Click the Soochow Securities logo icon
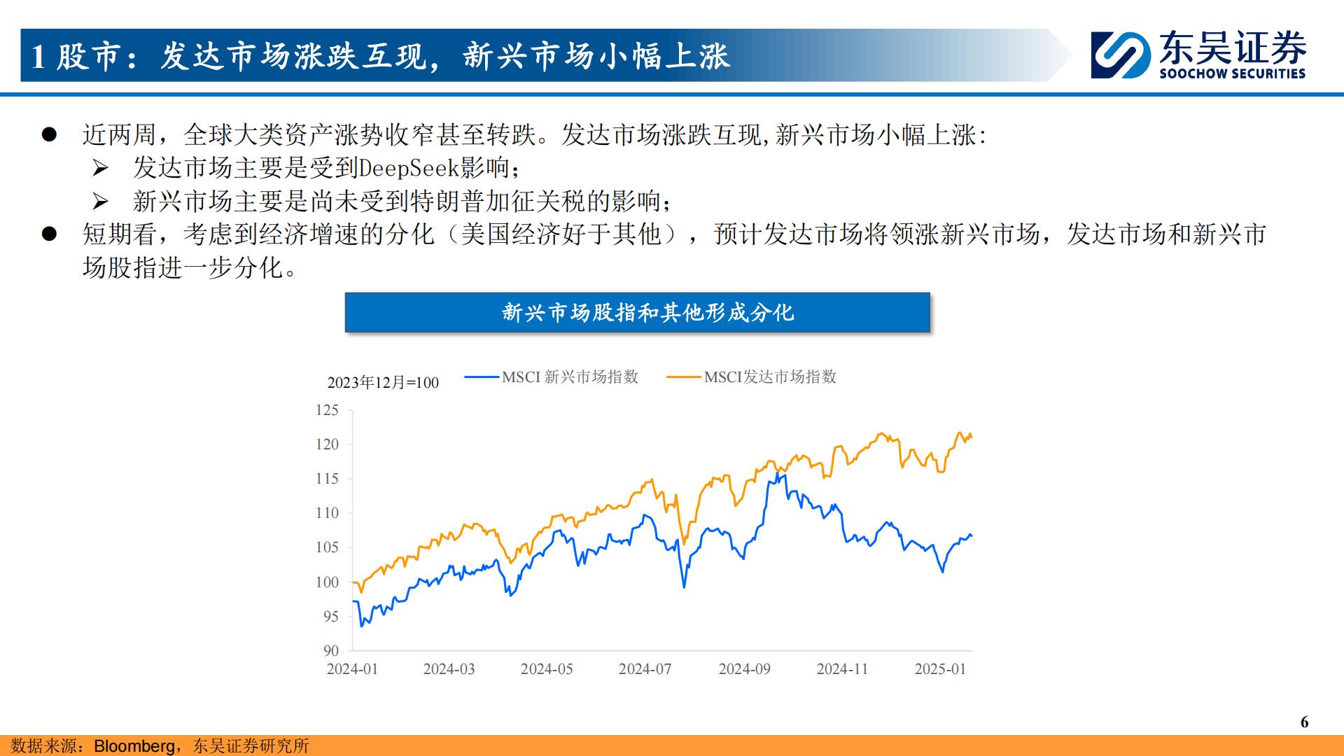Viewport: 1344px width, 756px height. click(1121, 55)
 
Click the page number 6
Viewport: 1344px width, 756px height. click(1304, 722)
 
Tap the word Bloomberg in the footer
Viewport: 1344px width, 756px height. click(135, 746)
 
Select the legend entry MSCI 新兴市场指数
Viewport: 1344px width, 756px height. click(552, 377)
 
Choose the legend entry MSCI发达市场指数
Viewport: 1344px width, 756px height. click(751, 377)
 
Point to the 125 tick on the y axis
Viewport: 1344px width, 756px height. click(327, 410)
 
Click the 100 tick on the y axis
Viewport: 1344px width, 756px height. click(327, 582)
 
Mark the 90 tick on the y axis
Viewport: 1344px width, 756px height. click(331, 651)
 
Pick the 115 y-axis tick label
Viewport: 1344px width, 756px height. click(327, 479)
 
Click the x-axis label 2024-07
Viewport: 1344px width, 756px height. click(645, 669)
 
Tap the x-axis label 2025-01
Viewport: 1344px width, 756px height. click(940, 669)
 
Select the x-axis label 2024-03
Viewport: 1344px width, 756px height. click(449, 669)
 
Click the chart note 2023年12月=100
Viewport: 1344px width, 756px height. click(383, 383)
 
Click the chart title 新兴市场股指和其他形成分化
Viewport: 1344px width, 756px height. click(648, 312)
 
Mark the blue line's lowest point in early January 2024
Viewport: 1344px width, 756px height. click(361, 626)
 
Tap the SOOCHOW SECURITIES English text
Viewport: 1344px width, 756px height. click(1232, 73)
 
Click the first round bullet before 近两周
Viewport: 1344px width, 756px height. click(48, 134)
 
